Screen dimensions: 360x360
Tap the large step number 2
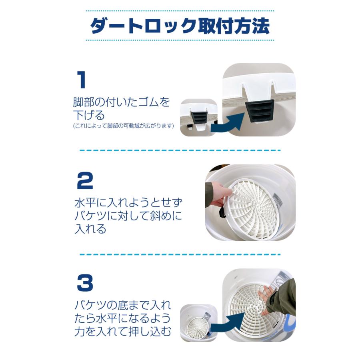pos(85,181)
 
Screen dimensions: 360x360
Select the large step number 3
pos(85,283)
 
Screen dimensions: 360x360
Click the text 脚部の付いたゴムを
pos(122,102)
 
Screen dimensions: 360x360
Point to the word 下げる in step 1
pos(89,116)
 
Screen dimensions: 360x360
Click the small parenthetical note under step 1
pos(123,126)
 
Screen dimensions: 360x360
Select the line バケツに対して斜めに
pos(128,216)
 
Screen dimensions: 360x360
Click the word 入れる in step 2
pos(90,229)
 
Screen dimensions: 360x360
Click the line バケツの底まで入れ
pos(123,305)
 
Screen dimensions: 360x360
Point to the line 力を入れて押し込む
pos(123,332)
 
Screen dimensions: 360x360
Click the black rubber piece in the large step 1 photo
pos(260,111)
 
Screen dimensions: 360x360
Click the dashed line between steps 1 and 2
pos(180,151)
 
